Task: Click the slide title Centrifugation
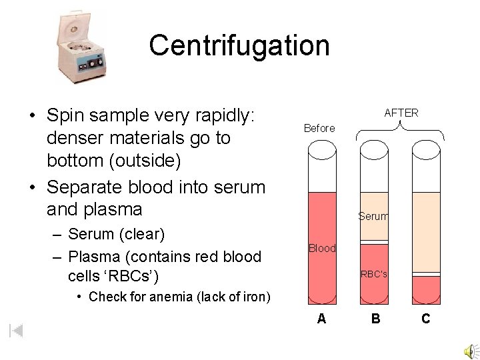click(x=239, y=45)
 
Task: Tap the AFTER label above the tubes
click(x=401, y=113)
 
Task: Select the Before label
click(x=319, y=128)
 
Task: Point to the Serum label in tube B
click(x=373, y=216)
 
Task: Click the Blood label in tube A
click(x=322, y=248)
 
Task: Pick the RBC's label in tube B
click(x=374, y=273)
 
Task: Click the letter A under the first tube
click(x=322, y=319)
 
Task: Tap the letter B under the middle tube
click(x=376, y=319)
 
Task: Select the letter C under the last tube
click(x=426, y=319)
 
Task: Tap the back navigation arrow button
click(x=16, y=330)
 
